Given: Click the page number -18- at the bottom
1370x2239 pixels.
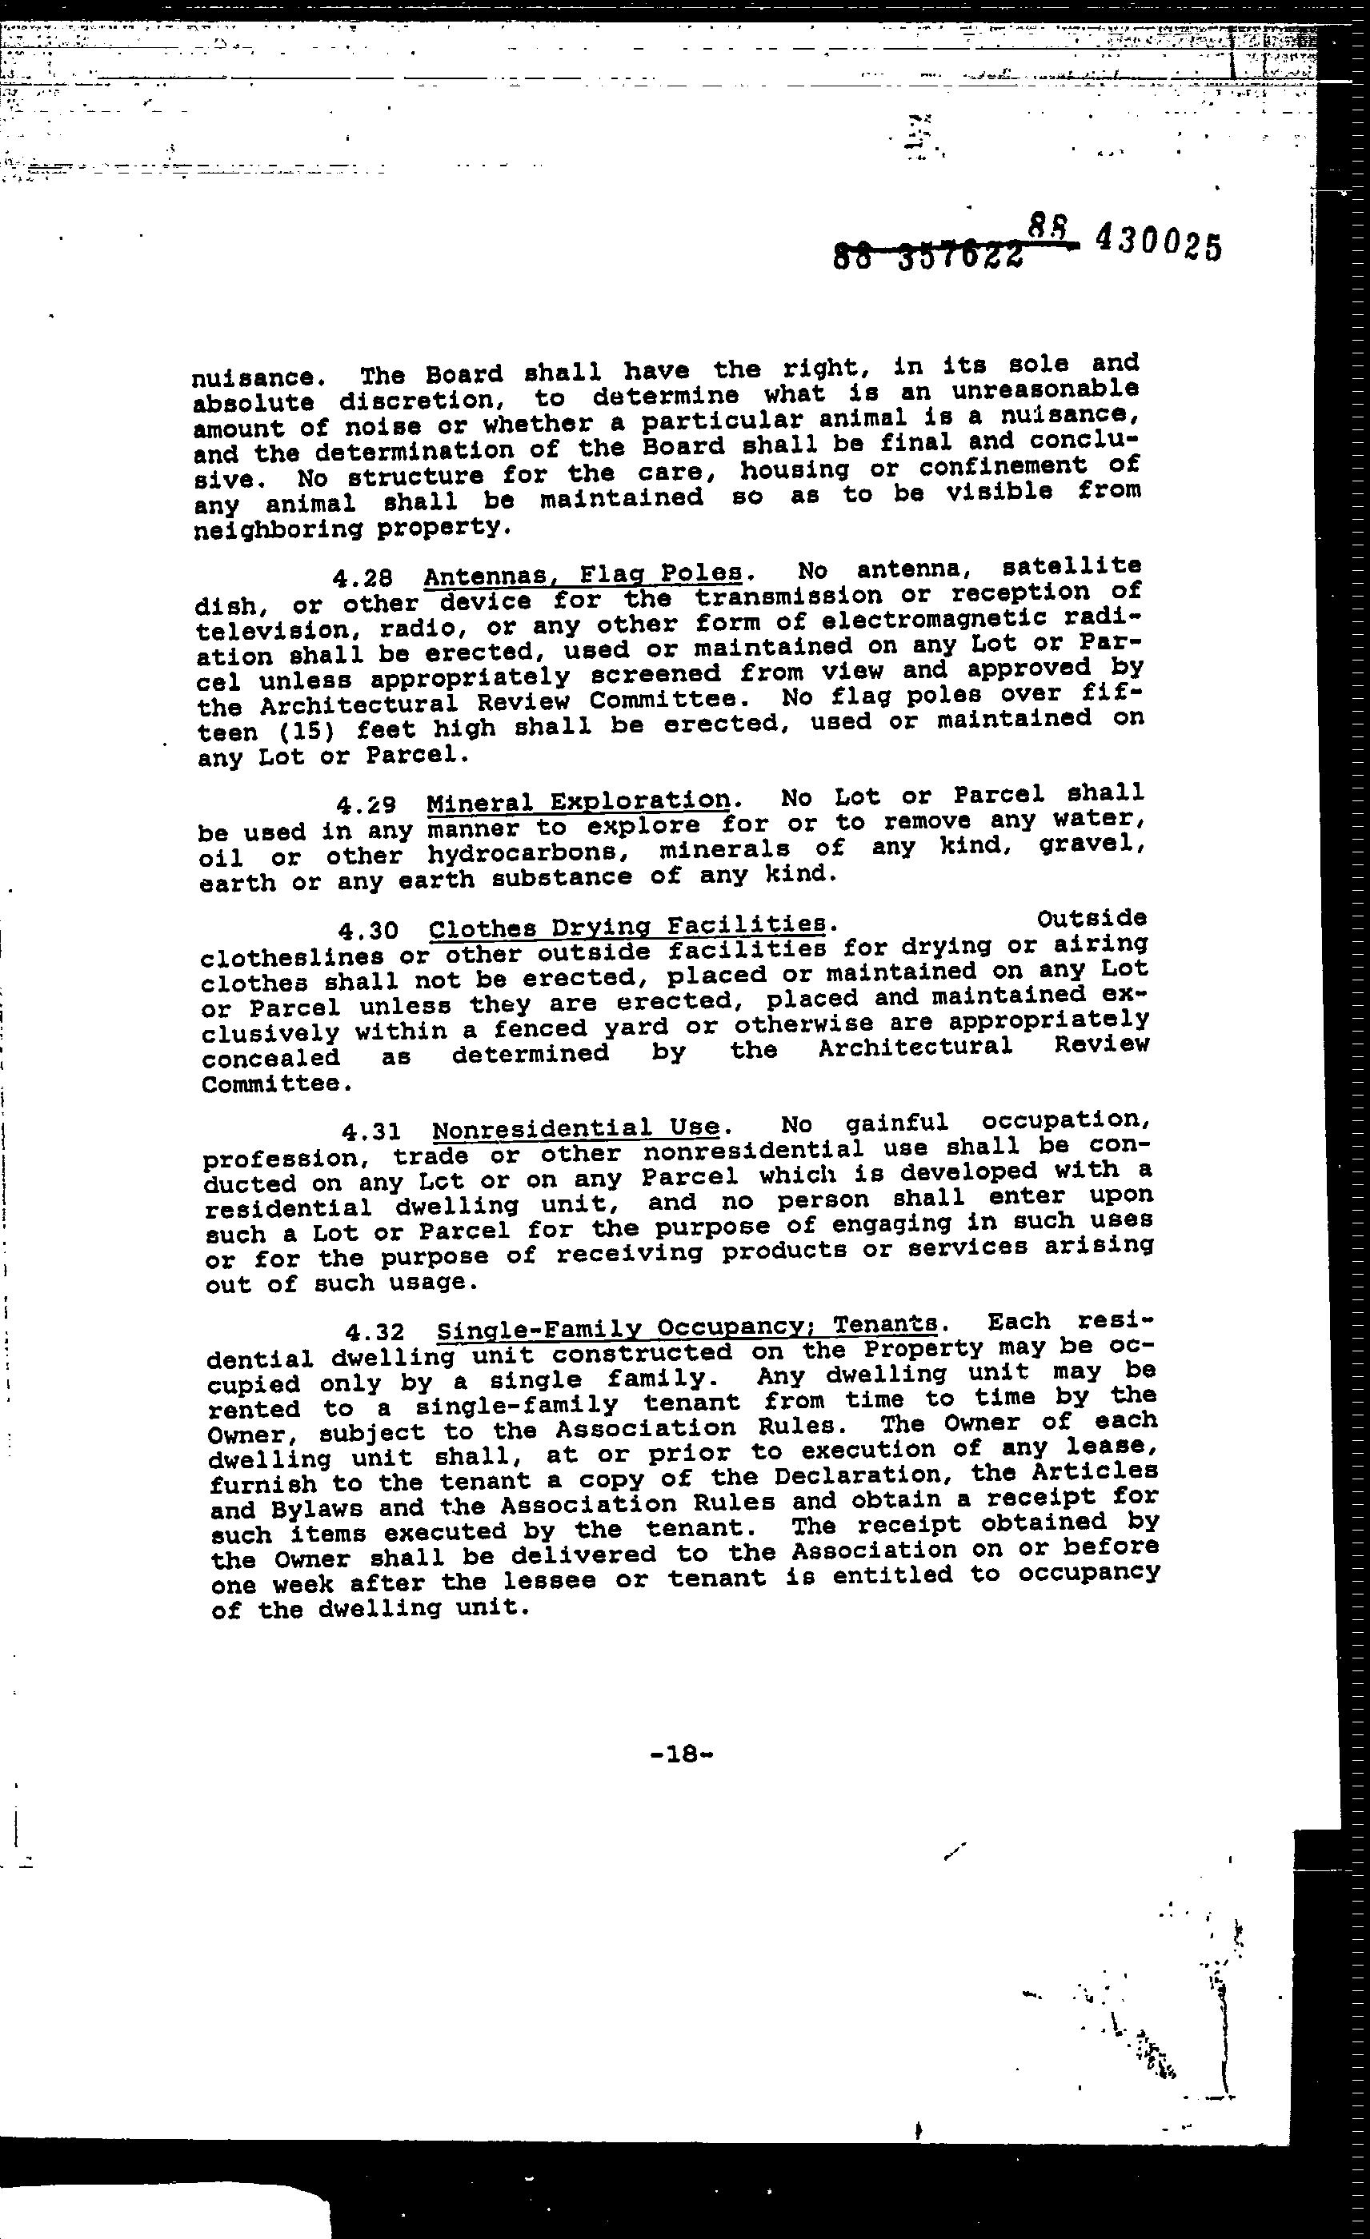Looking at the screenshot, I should tap(681, 1754).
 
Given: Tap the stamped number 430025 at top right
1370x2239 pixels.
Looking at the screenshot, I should tap(1158, 244).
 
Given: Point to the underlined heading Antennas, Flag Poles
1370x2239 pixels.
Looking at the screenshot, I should tap(583, 575).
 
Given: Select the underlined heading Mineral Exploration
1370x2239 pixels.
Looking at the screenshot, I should tap(579, 801).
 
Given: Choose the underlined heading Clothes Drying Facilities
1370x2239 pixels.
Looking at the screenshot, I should tap(627, 927).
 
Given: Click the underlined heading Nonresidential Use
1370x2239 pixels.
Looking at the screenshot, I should tap(576, 1128).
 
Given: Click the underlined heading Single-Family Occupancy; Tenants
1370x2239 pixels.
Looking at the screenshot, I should tap(687, 1328).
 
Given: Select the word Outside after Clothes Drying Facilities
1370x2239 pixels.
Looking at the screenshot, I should tap(1091, 919).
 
